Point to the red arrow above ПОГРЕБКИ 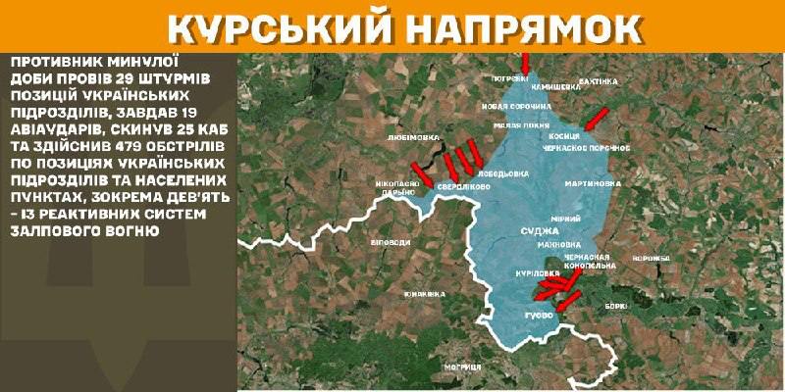525,62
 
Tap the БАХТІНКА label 601,79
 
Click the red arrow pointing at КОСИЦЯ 594,120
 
